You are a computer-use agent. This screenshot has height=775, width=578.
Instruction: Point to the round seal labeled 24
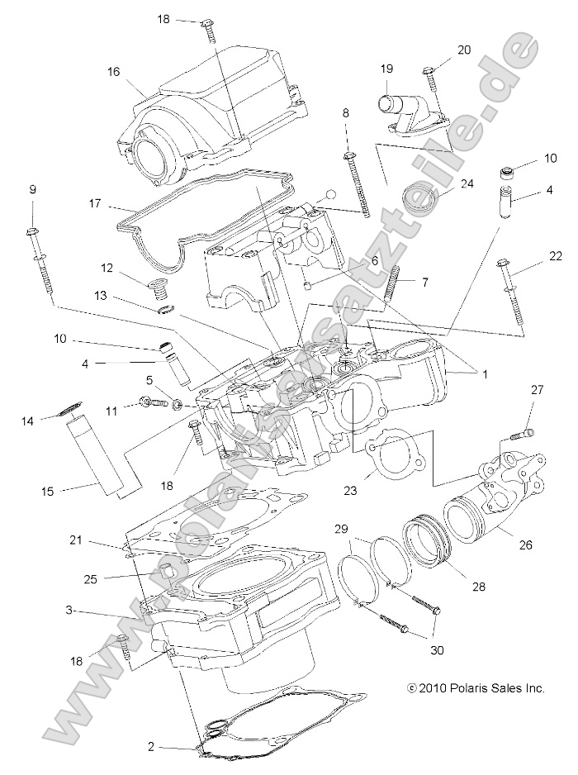pyautogui.click(x=415, y=203)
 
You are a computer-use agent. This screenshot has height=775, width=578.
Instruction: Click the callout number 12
pyautogui.click(x=107, y=267)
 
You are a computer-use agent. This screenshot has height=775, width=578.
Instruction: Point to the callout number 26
pyautogui.click(x=525, y=544)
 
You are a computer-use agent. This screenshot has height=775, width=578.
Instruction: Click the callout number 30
pyautogui.click(x=437, y=650)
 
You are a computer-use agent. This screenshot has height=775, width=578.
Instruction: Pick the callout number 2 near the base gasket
pyautogui.click(x=150, y=746)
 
